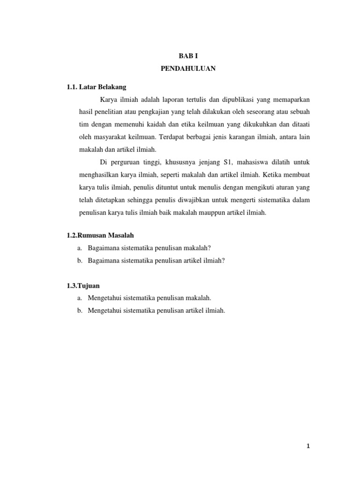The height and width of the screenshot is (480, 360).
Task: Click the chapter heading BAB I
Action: [x=188, y=56]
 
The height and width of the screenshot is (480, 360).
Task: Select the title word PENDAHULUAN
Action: [x=188, y=68]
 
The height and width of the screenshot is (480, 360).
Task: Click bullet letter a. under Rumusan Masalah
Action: [x=80, y=248]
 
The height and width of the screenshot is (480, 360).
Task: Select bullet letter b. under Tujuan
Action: [x=80, y=310]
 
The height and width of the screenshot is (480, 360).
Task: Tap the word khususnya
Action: [x=172, y=162]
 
